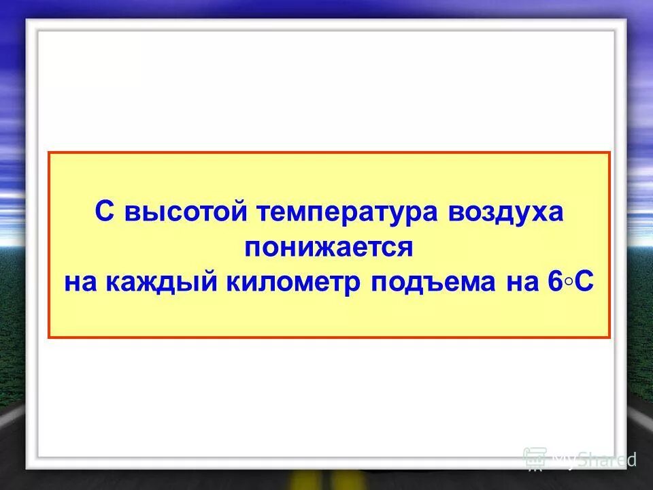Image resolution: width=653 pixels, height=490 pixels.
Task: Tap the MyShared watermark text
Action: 594,459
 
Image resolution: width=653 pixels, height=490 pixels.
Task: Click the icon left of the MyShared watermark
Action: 535,459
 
